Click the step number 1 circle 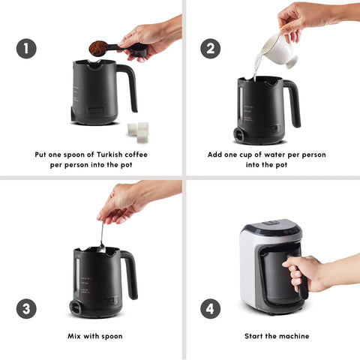(26, 49)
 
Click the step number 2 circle (210, 49)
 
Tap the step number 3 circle (26, 308)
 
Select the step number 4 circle (210, 308)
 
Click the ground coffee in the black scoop (98, 49)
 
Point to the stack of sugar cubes (138, 132)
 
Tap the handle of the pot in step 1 (130, 85)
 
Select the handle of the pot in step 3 (130, 272)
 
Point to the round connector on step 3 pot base (76, 307)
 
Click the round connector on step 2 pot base (240, 134)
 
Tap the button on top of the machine (271, 223)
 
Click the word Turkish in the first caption (109, 154)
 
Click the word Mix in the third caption (74, 336)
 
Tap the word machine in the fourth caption (296, 336)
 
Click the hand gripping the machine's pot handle (306, 273)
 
